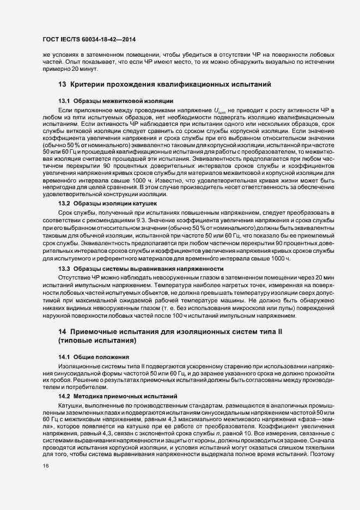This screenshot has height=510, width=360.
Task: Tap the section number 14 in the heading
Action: tap(62, 332)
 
